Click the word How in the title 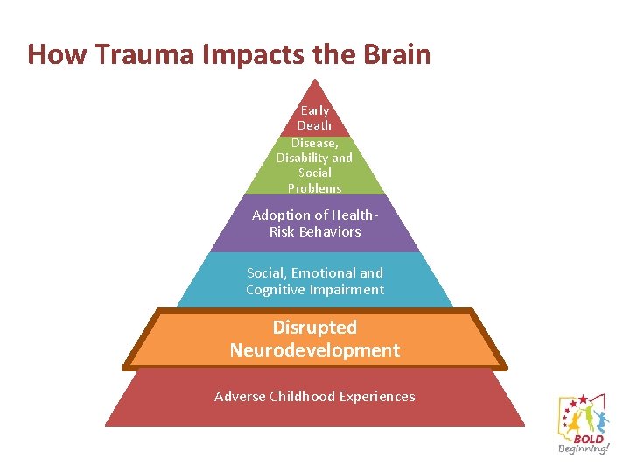(x=57, y=54)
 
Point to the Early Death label (x=315, y=118)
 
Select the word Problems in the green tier (x=315, y=188)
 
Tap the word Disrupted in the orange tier (x=315, y=328)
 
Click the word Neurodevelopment (x=315, y=350)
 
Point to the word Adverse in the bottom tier (x=238, y=397)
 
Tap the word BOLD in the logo (x=588, y=439)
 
